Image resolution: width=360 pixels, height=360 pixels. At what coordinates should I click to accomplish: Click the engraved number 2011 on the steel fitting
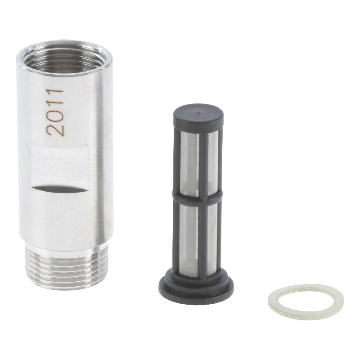(54, 112)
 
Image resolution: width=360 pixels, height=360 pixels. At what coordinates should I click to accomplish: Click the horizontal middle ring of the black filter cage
(198, 196)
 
